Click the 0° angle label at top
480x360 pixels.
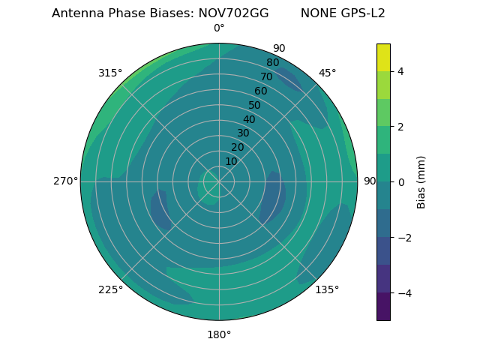tap(219, 28)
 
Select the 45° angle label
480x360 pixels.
tap(327, 73)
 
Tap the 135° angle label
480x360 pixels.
tap(327, 289)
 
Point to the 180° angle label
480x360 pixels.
tap(219, 334)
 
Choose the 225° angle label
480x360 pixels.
tap(110, 290)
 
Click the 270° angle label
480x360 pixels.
tap(65, 181)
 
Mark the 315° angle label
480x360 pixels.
tap(110, 73)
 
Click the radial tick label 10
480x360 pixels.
tap(231, 161)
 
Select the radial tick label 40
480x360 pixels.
tap(249, 119)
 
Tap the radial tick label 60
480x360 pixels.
tap(260, 91)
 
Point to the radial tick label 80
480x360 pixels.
tap(272, 63)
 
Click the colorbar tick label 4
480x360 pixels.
tap(400, 71)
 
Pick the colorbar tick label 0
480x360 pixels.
tap(400, 181)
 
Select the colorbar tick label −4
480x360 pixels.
tap(403, 292)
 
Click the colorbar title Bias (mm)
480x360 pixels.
tap(421, 181)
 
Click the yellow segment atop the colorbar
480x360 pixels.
tap(383, 57)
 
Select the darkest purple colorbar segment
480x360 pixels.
tap(383, 307)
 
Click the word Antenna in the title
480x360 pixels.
tap(76, 13)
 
